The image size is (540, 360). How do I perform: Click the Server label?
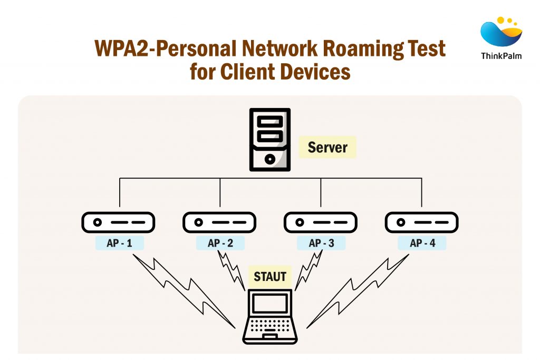click(x=327, y=148)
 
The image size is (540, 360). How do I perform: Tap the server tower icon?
click(x=270, y=140)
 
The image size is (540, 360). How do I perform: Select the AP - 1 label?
click(x=119, y=243)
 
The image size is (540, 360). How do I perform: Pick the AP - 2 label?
click(x=220, y=243)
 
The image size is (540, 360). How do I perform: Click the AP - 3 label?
click(x=321, y=243)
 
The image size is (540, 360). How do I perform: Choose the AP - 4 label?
click(x=422, y=243)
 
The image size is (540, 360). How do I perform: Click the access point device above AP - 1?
click(x=118, y=222)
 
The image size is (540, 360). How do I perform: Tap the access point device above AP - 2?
click(x=219, y=222)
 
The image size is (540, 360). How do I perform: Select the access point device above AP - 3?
click(x=321, y=222)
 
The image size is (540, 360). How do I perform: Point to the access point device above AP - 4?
click(x=421, y=222)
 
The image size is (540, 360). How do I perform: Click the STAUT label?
click(x=270, y=276)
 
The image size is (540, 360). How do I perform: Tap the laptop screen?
click(x=270, y=303)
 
